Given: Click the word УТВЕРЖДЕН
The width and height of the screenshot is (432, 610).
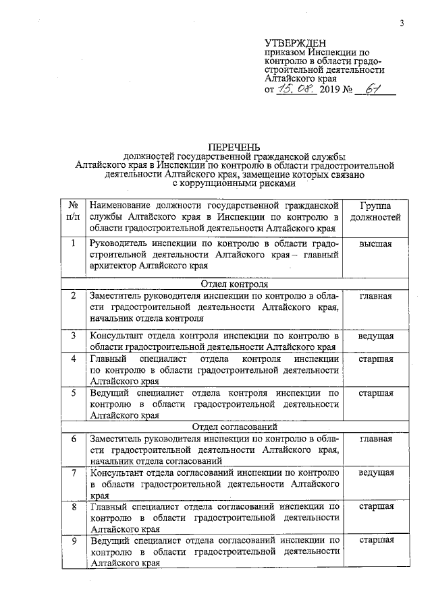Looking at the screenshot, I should pos(296,42).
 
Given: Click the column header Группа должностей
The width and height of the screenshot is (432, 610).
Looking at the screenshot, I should pos(375,212).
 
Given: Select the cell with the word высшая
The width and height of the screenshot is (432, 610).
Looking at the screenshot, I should pos(375,244).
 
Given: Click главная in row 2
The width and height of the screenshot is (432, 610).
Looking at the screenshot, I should pos(375,296).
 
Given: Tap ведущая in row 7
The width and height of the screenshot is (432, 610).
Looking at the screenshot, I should pos(375,472).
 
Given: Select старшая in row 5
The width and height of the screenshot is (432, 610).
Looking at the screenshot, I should pos(375,392).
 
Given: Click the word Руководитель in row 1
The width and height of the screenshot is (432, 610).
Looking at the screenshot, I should pos(118,244).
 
